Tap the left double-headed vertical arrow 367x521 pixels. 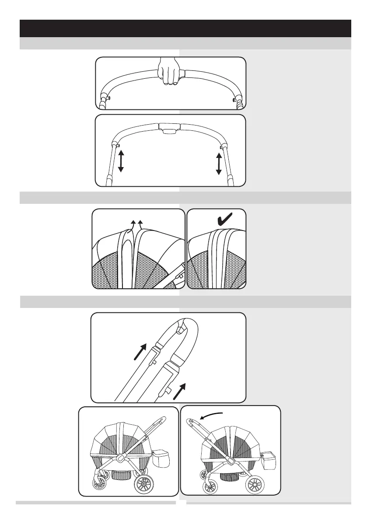tap(121, 161)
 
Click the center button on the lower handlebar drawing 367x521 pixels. tap(170, 128)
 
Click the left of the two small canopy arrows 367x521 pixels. tap(133, 224)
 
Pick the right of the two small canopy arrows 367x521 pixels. tap(140, 224)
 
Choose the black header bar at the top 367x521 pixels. tap(185, 28)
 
